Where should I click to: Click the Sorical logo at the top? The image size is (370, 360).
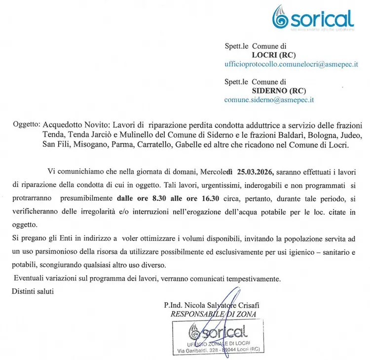pyautogui.click(x=314, y=19)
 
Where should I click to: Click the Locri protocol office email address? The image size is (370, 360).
pyautogui.click(x=291, y=65)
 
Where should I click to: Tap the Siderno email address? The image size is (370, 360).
pyautogui.click(x=269, y=99)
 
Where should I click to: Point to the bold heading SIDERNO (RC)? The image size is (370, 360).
pyautogui.click(x=279, y=90)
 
